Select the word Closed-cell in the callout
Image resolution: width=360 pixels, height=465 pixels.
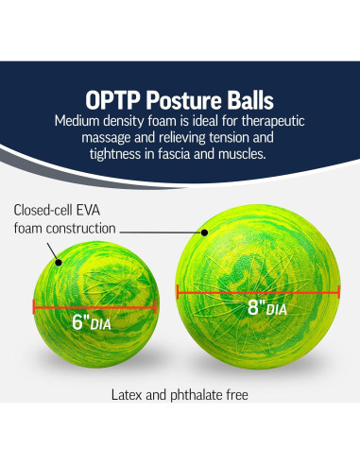46,210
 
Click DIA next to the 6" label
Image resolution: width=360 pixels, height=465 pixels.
110,324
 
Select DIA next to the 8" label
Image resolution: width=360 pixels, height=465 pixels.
277,310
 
